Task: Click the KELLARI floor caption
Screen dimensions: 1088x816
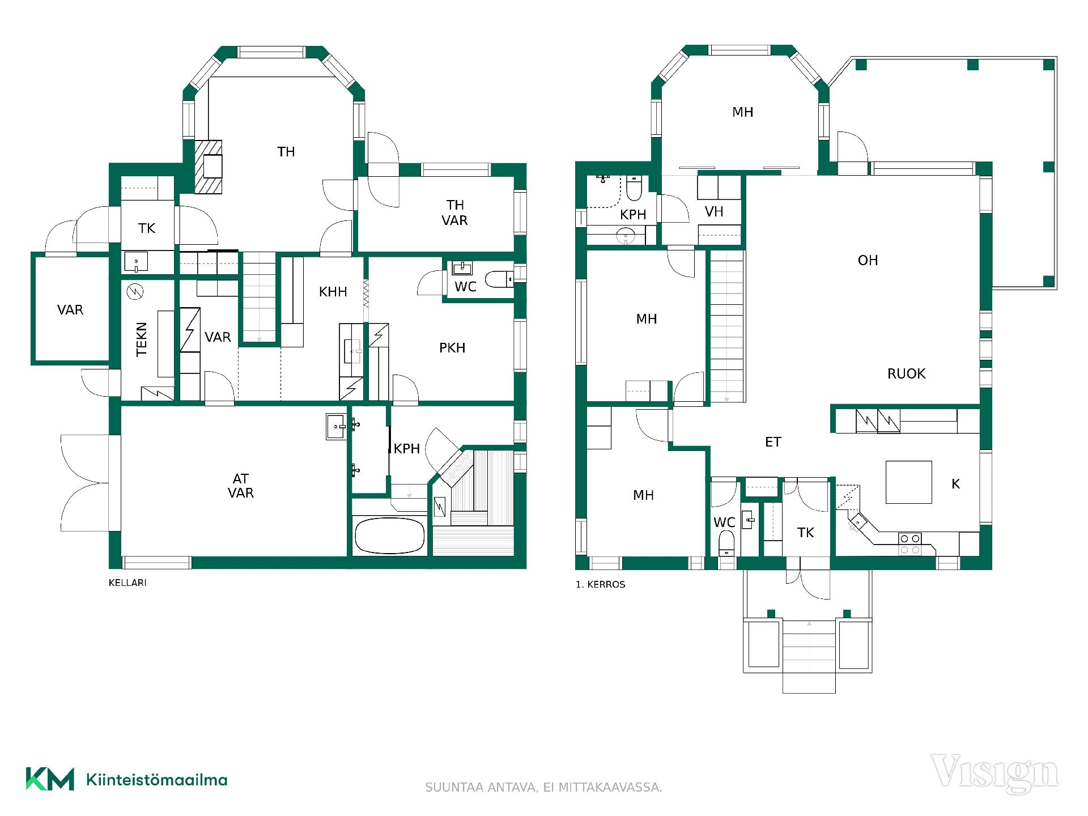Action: [127, 583]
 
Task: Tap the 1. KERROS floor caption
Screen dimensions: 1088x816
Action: [600, 584]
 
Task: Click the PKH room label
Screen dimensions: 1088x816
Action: [452, 347]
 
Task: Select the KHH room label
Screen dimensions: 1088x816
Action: [333, 292]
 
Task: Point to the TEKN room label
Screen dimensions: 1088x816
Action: [142, 339]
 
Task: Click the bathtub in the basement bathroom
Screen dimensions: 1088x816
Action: [389, 535]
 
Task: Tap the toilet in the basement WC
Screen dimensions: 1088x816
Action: [499, 279]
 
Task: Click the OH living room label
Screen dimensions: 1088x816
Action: [868, 260]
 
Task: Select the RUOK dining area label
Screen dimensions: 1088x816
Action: [906, 373]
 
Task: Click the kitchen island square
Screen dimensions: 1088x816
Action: [909, 482]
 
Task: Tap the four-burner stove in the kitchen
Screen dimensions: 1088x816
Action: [909, 544]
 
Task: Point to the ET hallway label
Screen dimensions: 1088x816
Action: [773, 442]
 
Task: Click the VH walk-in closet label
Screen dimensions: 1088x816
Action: [714, 212]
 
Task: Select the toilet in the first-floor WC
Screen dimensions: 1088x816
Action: [726, 544]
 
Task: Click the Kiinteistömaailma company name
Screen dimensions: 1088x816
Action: [156, 780]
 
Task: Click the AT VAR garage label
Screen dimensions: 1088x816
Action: [240, 486]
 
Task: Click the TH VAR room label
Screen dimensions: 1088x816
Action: [454, 212]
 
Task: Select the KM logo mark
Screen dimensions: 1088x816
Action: [50, 779]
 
